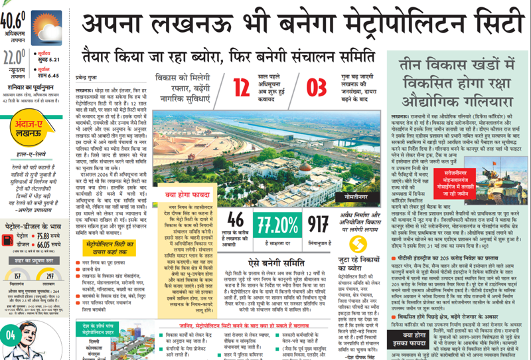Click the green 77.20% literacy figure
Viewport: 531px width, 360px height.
[x=279, y=223]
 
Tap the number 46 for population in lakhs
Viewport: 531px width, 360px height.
[x=237, y=222]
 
